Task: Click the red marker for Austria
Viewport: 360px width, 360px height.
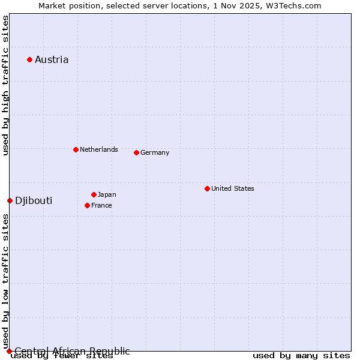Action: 29,59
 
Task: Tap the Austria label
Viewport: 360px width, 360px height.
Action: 52,59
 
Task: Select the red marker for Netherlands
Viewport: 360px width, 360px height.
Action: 76,149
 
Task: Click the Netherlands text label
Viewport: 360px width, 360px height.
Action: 99,149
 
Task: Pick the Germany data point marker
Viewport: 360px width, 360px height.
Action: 136,152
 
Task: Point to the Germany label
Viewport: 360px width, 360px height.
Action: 155,152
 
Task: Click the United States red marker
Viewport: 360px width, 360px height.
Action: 207,188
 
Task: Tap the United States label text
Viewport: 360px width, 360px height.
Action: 233,188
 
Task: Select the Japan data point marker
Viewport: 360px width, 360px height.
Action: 94,194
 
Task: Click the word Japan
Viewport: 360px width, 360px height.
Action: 107,194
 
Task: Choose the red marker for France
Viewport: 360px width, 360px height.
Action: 87,205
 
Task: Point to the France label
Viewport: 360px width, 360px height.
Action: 101,205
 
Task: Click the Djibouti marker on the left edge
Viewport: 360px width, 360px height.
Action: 10,200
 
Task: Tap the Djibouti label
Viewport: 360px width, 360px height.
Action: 34,200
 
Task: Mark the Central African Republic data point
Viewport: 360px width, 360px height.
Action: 9,351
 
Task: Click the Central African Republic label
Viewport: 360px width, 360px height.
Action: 72,351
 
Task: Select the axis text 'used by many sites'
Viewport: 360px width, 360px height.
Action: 301,356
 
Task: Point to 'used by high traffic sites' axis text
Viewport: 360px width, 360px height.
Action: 6,85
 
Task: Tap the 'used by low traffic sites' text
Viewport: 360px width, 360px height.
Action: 6,282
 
